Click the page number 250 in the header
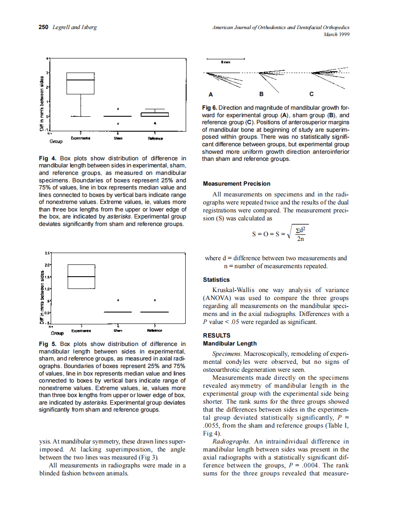click(x=43, y=28)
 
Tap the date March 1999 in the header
click(x=337, y=34)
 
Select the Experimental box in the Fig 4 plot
click(x=80, y=83)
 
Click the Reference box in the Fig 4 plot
click(x=154, y=114)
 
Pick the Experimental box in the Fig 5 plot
click(x=82, y=277)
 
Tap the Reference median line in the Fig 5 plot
click(x=154, y=312)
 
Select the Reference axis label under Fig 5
click(x=154, y=331)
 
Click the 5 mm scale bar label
click(x=226, y=62)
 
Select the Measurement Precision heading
click(x=236, y=183)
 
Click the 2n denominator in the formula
click(x=301, y=240)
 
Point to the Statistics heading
click(x=216, y=280)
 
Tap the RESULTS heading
click(x=217, y=335)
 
